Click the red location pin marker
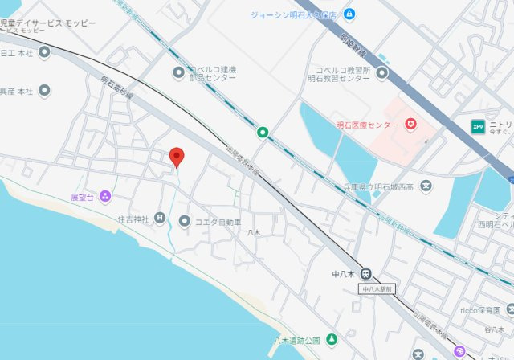pos(177,157)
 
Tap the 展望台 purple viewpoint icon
pos(106,197)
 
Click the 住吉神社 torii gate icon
pos(161,218)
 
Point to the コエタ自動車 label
pos(218,221)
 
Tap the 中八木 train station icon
pos(365,273)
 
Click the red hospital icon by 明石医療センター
pos(410,125)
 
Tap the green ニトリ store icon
pos(477,125)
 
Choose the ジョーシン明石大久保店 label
pos(297,14)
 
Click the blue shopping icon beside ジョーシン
pos(349,14)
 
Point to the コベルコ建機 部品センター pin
pos(180,74)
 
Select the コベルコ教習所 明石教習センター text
pos(343,74)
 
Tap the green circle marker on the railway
pos(262,132)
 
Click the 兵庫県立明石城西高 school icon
pos(426,187)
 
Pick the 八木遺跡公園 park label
pos(296,340)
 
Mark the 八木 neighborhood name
pos(254,232)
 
